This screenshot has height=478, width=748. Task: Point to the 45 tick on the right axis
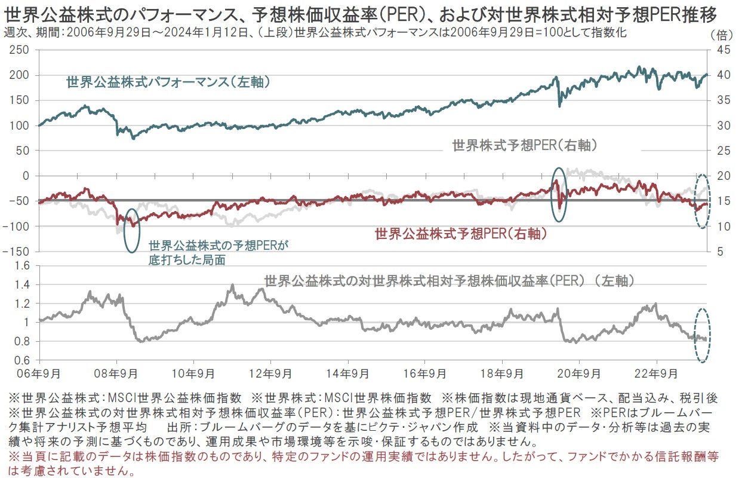coord(721,50)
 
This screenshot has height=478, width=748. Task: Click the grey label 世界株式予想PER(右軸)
coord(525,145)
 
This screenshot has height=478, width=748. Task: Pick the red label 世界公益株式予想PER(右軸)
coord(461,234)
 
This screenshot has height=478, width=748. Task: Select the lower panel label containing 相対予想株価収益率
coord(448,280)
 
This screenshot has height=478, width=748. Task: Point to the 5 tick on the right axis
coord(719,252)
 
